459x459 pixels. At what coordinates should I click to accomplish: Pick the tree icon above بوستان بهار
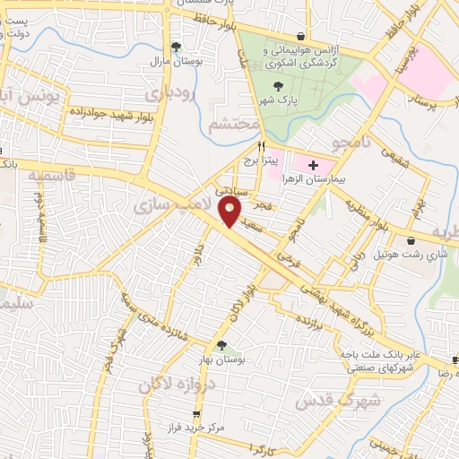pos(221,344)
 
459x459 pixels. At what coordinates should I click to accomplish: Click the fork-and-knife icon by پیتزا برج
pos(263,144)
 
